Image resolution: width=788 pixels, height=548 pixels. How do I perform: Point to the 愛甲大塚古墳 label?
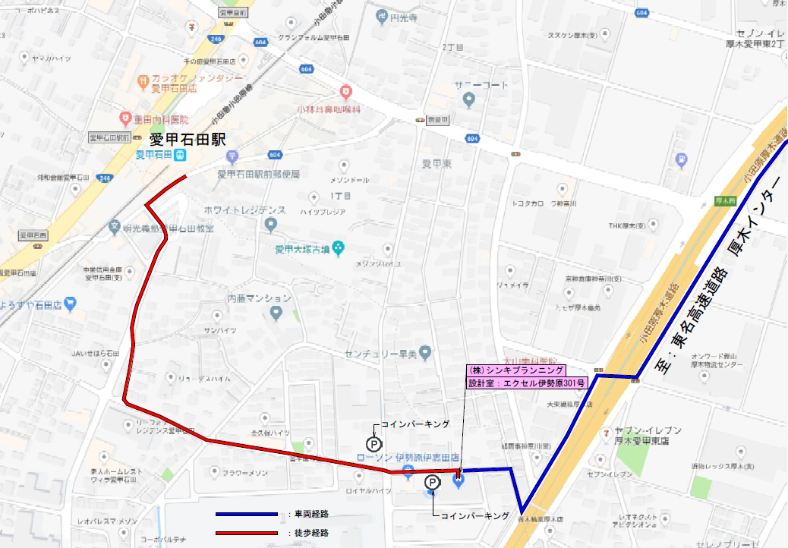304,248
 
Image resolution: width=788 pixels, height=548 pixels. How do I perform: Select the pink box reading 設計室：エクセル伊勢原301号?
526,383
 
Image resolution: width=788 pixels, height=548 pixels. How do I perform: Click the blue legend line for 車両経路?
247,515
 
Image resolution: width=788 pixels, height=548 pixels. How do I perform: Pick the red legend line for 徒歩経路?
247,534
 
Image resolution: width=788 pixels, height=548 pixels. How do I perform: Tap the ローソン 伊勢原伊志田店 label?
408,458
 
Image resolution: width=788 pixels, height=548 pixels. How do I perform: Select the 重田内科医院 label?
159,119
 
